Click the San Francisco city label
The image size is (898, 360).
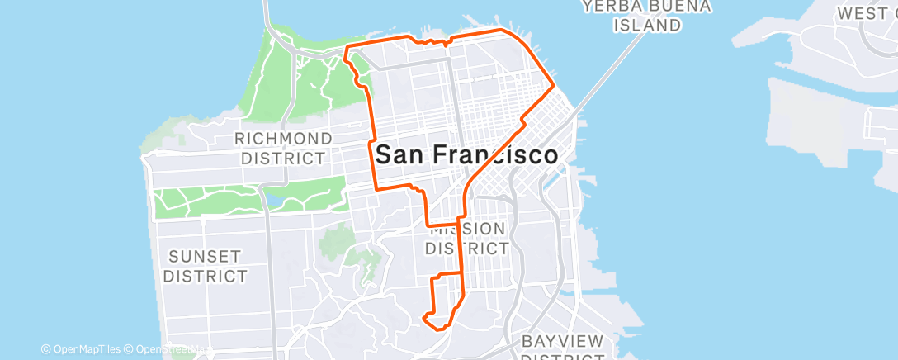[x=466, y=154]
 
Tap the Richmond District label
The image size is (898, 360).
[x=283, y=148]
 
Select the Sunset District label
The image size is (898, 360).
[x=205, y=266]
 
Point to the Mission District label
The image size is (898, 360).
[x=468, y=238]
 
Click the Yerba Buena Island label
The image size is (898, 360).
[x=646, y=16]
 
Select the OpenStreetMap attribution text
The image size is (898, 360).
[x=165, y=350]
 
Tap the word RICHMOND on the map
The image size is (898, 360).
[x=283, y=138]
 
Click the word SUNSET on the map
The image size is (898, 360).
[x=205, y=256]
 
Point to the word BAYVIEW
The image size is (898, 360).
[x=563, y=341]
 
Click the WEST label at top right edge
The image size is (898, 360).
[x=867, y=14]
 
